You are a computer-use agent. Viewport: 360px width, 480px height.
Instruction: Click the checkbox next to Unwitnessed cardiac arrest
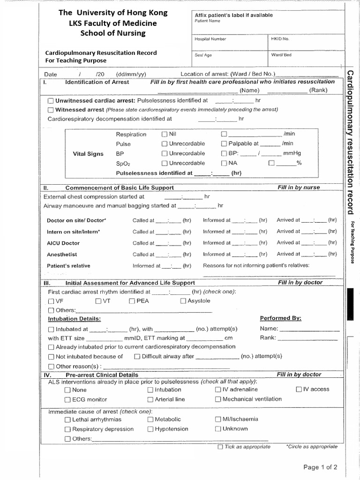pos(51,101)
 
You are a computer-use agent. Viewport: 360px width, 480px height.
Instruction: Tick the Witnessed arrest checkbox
pos(51,110)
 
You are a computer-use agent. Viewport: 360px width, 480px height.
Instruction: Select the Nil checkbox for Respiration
pos(164,134)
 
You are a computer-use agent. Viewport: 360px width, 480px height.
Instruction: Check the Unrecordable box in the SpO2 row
pos(164,163)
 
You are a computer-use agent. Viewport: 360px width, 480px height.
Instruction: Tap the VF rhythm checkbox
pos(51,301)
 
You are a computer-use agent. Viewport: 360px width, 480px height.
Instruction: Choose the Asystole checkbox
pos(183,301)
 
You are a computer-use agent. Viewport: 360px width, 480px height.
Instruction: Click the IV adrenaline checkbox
pos(218,390)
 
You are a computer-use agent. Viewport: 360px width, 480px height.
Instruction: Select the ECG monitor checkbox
pos(67,399)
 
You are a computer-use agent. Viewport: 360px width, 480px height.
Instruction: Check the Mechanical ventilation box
pos(218,399)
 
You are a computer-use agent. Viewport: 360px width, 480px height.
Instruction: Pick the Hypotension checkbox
pos(150,429)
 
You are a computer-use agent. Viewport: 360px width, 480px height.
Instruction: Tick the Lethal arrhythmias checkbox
pos(67,420)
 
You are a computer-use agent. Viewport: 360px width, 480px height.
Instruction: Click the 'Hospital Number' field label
pos(210,39)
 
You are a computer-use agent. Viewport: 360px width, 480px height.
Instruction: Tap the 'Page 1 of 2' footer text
pos(320,467)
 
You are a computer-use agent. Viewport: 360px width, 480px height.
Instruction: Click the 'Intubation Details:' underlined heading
pos(75,319)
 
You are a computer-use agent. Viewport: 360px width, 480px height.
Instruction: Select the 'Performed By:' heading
pos(280,318)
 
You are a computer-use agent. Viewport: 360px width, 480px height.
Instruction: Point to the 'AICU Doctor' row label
pos(63,243)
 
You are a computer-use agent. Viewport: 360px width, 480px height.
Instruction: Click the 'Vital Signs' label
pos(88,154)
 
